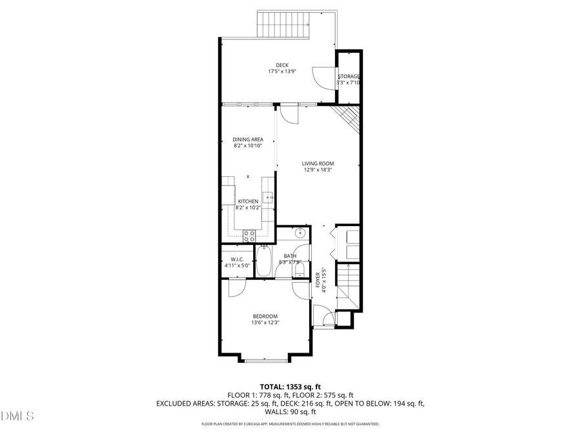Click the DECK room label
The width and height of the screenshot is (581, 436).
282,65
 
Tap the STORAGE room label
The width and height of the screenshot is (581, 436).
349,76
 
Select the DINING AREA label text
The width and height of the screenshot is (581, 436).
248,139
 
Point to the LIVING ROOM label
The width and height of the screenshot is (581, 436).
318,163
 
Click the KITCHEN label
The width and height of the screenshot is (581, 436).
248,202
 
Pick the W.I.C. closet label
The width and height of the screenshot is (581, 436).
232,258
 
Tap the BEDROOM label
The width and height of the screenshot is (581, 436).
265,316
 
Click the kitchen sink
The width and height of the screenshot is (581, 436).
269,196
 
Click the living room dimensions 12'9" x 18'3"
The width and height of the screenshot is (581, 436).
318,171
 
